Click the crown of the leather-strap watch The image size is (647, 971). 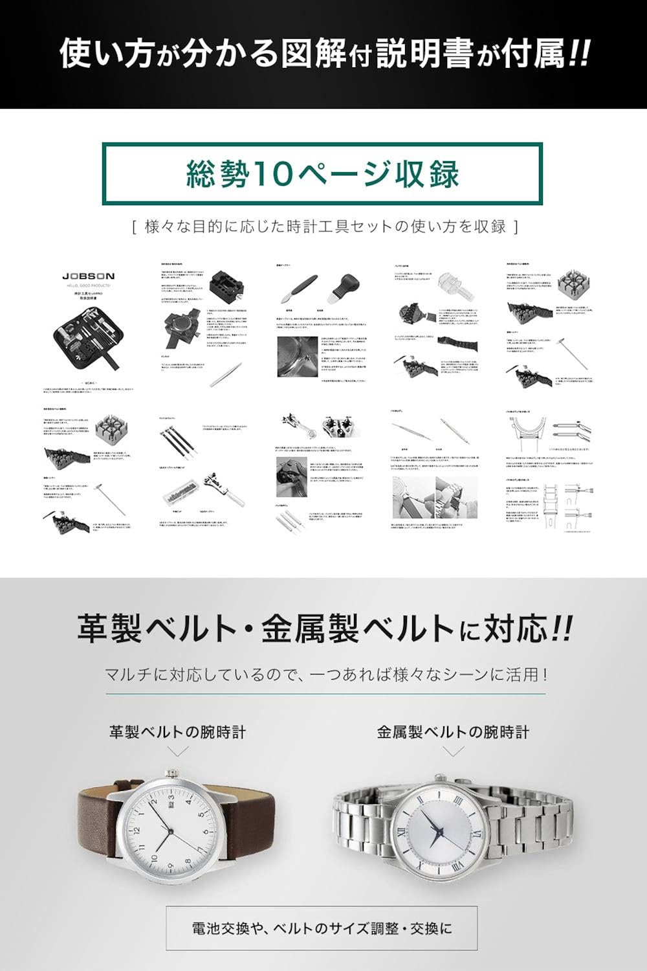pos(173,774)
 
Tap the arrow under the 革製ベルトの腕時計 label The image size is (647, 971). pos(178,751)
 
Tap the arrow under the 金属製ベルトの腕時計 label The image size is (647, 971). pos(453,751)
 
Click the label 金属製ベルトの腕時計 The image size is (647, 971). pos(453,732)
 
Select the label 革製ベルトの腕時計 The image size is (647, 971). pos(178,732)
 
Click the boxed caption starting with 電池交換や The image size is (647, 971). pos(322,928)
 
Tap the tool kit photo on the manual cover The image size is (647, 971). pos(88,337)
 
